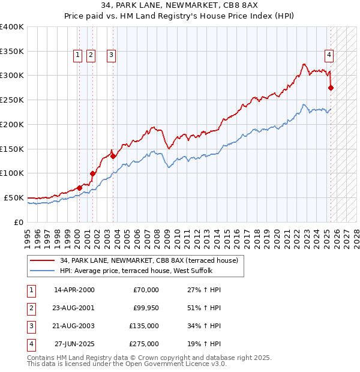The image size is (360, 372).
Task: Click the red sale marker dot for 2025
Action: [x=331, y=88]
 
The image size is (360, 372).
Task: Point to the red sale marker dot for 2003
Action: [x=113, y=156]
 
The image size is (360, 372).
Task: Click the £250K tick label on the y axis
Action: [x=12, y=100]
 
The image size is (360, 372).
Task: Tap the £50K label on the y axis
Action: [x=14, y=197]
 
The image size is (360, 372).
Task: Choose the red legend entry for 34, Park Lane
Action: [x=149, y=260]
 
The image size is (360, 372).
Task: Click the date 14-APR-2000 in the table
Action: [x=74, y=290]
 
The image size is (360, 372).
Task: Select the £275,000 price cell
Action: [x=144, y=344]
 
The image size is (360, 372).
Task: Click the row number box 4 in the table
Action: [x=31, y=344]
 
